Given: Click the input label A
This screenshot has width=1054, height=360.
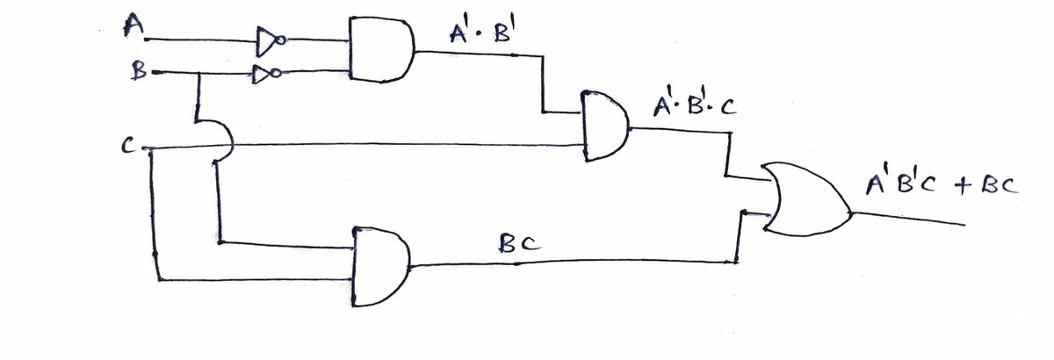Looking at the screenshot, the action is click(x=134, y=25).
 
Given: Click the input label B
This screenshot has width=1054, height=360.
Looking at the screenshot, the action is click(x=140, y=71).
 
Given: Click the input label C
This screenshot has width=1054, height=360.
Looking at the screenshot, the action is click(x=128, y=146).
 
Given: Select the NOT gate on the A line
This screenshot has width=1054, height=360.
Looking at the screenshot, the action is click(x=271, y=41).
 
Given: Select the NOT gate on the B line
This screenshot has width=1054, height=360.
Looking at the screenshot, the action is click(x=267, y=74).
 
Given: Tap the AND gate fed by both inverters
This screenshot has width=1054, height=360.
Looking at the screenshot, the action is click(x=381, y=49).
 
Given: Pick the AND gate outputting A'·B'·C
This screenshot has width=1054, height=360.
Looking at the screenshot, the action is click(x=605, y=126).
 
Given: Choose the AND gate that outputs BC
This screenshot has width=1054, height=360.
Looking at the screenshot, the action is click(x=381, y=267).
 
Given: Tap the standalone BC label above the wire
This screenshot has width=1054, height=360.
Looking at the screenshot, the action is click(x=520, y=243).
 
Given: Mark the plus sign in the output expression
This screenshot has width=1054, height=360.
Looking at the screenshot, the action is click(x=963, y=186).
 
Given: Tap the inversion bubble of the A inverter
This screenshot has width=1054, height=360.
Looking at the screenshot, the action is click(x=280, y=41).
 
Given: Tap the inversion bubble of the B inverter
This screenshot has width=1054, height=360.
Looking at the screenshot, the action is click(x=276, y=73).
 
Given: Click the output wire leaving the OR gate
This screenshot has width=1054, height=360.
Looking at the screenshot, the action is click(x=908, y=219).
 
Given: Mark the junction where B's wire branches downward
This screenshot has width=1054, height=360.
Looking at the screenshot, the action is click(x=199, y=73).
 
